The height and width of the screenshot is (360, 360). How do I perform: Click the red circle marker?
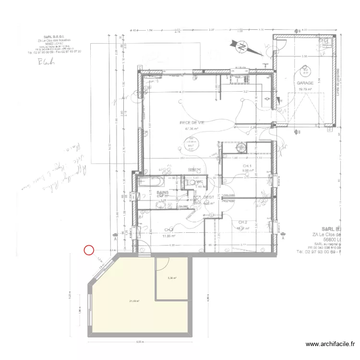click(x=89, y=250)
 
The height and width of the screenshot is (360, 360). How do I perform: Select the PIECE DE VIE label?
click(x=192, y=123)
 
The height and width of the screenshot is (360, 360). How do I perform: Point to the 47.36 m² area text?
click(x=192, y=129)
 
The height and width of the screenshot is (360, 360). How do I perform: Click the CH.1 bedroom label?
click(x=247, y=165)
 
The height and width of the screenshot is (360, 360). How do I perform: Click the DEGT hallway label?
click(x=208, y=197)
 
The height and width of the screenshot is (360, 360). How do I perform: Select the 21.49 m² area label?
click(x=134, y=301)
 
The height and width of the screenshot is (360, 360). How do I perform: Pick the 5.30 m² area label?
click(x=172, y=278)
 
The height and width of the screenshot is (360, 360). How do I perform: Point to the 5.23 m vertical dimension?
click(x=70, y=295)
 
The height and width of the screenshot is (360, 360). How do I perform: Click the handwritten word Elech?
click(x=46, y=61)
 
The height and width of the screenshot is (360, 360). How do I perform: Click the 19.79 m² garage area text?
click(x=305, y=89)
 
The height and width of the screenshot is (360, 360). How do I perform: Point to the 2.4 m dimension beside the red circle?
click(x=112, y=251)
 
